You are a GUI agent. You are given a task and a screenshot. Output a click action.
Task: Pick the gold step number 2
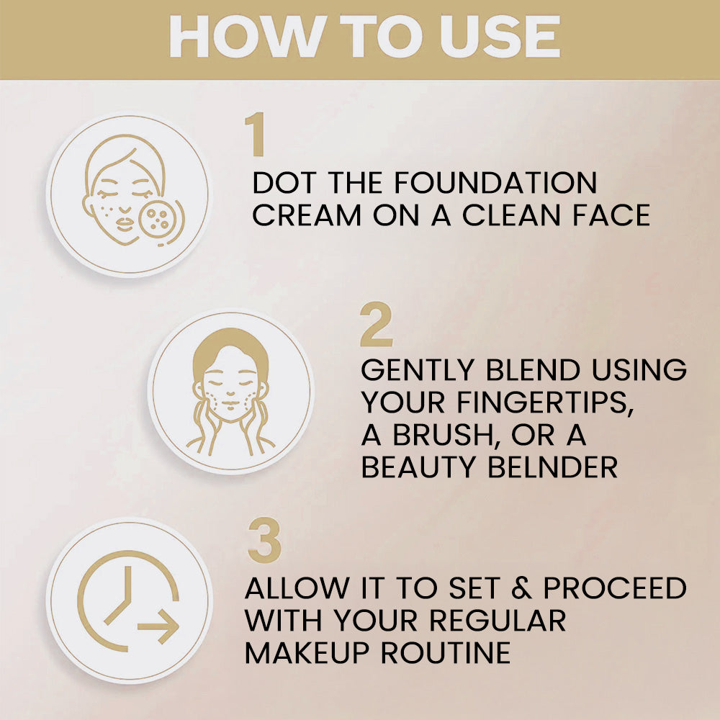click(x=376, y=328)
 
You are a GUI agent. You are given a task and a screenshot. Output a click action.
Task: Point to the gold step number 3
click(x=264, y=541)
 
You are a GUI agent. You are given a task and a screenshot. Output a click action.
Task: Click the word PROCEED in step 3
click(x=615, y=588)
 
